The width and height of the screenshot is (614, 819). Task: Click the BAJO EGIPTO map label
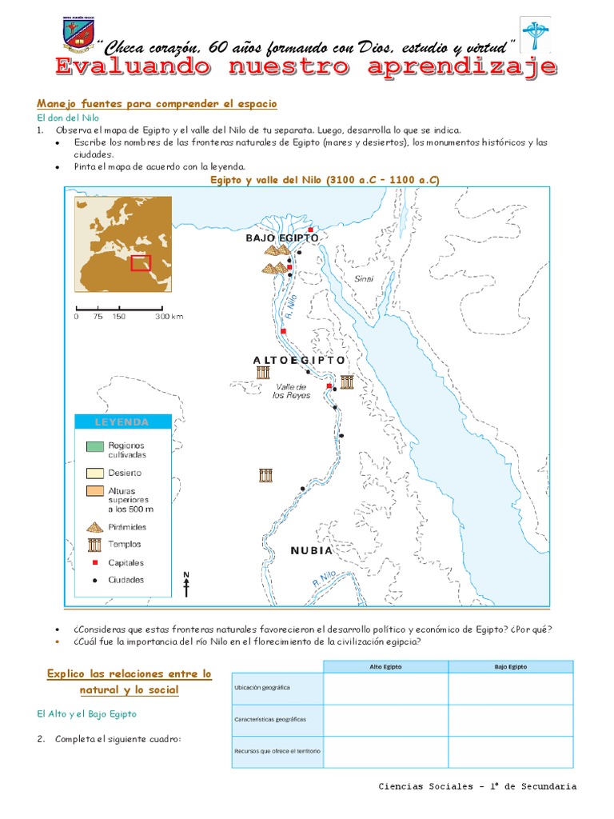pos(282,238)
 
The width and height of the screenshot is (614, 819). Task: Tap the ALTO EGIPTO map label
pos(300,361)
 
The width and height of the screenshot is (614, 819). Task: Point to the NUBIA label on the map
pos(311,550)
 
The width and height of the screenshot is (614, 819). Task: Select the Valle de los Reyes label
pos(291,391)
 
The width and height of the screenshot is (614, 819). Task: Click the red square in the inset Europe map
pos(142,263)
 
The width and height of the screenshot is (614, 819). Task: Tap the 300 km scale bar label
pos(169,317)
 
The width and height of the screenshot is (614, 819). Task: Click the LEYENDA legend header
pos(122,422)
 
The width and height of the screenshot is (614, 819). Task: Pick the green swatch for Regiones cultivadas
pos(94,445)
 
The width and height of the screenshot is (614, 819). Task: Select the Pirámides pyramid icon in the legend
pos(94,527)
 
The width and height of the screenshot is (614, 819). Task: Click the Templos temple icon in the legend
pos(94,545)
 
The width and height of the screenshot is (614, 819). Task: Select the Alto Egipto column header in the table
pos(385,666)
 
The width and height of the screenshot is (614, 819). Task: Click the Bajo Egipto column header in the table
pos(510,666)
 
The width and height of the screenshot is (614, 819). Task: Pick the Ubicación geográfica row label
pos(262,688)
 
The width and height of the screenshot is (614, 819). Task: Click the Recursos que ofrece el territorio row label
pos(277,752)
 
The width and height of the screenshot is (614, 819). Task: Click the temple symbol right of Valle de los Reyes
pos(346,382)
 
